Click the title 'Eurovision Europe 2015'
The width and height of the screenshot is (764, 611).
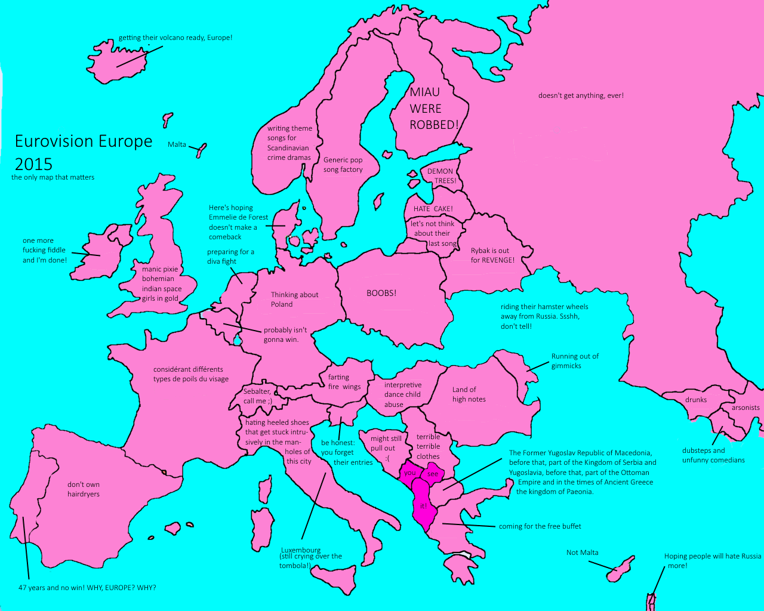83,152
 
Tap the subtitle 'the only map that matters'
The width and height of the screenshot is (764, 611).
53,177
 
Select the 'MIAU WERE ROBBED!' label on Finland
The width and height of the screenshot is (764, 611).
434,109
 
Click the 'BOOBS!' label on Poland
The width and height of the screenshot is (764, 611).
381,293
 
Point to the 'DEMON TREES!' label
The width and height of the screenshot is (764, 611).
441,176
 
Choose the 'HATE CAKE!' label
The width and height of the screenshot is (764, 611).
433,209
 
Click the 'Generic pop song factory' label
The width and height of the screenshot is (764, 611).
343,165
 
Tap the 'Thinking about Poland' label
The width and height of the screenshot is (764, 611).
294,300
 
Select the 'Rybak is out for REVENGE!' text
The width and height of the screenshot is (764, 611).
492,255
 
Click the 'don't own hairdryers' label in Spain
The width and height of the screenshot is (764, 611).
84,489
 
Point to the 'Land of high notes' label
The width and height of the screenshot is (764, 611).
469,394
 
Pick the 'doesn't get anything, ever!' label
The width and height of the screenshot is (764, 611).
581,95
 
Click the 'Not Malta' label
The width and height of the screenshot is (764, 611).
582,553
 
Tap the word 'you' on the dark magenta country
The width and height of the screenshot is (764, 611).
410,473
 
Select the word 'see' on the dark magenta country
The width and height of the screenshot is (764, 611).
433,474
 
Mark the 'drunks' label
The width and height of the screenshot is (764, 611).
696,400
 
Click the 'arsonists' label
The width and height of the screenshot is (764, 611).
745,408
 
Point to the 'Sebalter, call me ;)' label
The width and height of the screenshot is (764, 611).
257,396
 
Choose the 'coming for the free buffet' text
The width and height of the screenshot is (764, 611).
540,526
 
